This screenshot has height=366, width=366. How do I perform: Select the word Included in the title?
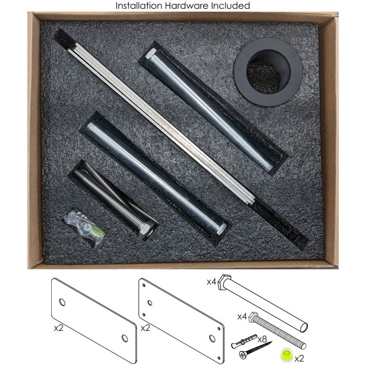tap(231, 6)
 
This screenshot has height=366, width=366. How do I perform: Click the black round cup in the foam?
tap(268, 72)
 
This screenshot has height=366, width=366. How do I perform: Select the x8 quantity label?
tap(262, 339)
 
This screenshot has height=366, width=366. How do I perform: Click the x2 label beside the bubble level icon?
tap(299, 358)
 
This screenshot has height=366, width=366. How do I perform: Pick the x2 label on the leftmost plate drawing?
tap(59, 328)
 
